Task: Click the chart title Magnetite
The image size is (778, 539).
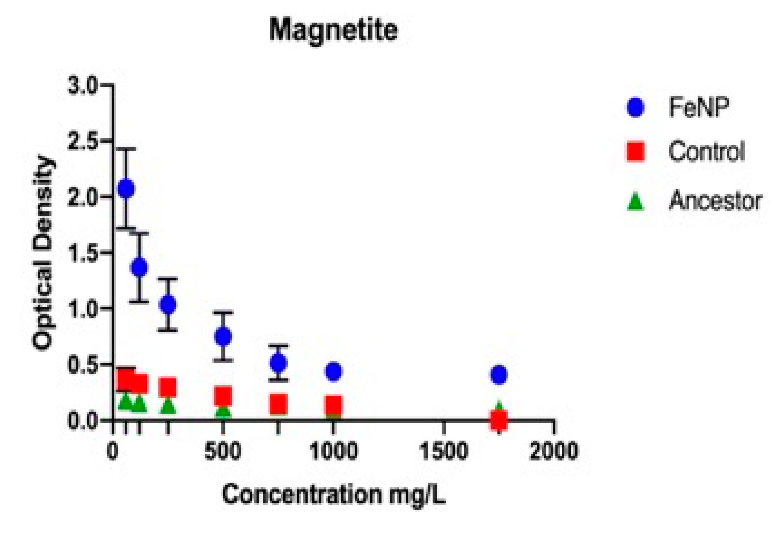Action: [333, 30]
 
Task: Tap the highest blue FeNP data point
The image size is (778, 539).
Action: [127, 189]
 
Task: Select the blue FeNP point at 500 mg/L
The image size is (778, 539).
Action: [223, 336]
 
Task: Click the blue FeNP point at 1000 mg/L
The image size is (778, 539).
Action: [334, 371]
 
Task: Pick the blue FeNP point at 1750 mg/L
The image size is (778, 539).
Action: [499, 375]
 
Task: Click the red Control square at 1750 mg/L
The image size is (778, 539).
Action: [499, 420]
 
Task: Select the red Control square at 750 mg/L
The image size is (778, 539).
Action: [278, 404]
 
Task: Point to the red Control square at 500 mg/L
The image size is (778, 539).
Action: [223, 396]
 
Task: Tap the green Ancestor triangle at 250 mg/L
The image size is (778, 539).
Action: [168, 406]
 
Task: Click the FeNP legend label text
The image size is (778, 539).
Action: [699, 107]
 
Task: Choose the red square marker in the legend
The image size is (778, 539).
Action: [635, 152]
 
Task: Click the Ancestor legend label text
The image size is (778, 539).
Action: [715, 201]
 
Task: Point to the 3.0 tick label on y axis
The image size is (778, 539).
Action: [83, 85]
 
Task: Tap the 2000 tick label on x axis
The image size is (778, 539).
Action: [554, 451]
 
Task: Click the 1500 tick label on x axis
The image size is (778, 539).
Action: [444, 451]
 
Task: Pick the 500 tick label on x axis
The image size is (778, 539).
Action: [223, 451]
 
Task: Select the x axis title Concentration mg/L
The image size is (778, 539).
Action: [334, 494]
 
